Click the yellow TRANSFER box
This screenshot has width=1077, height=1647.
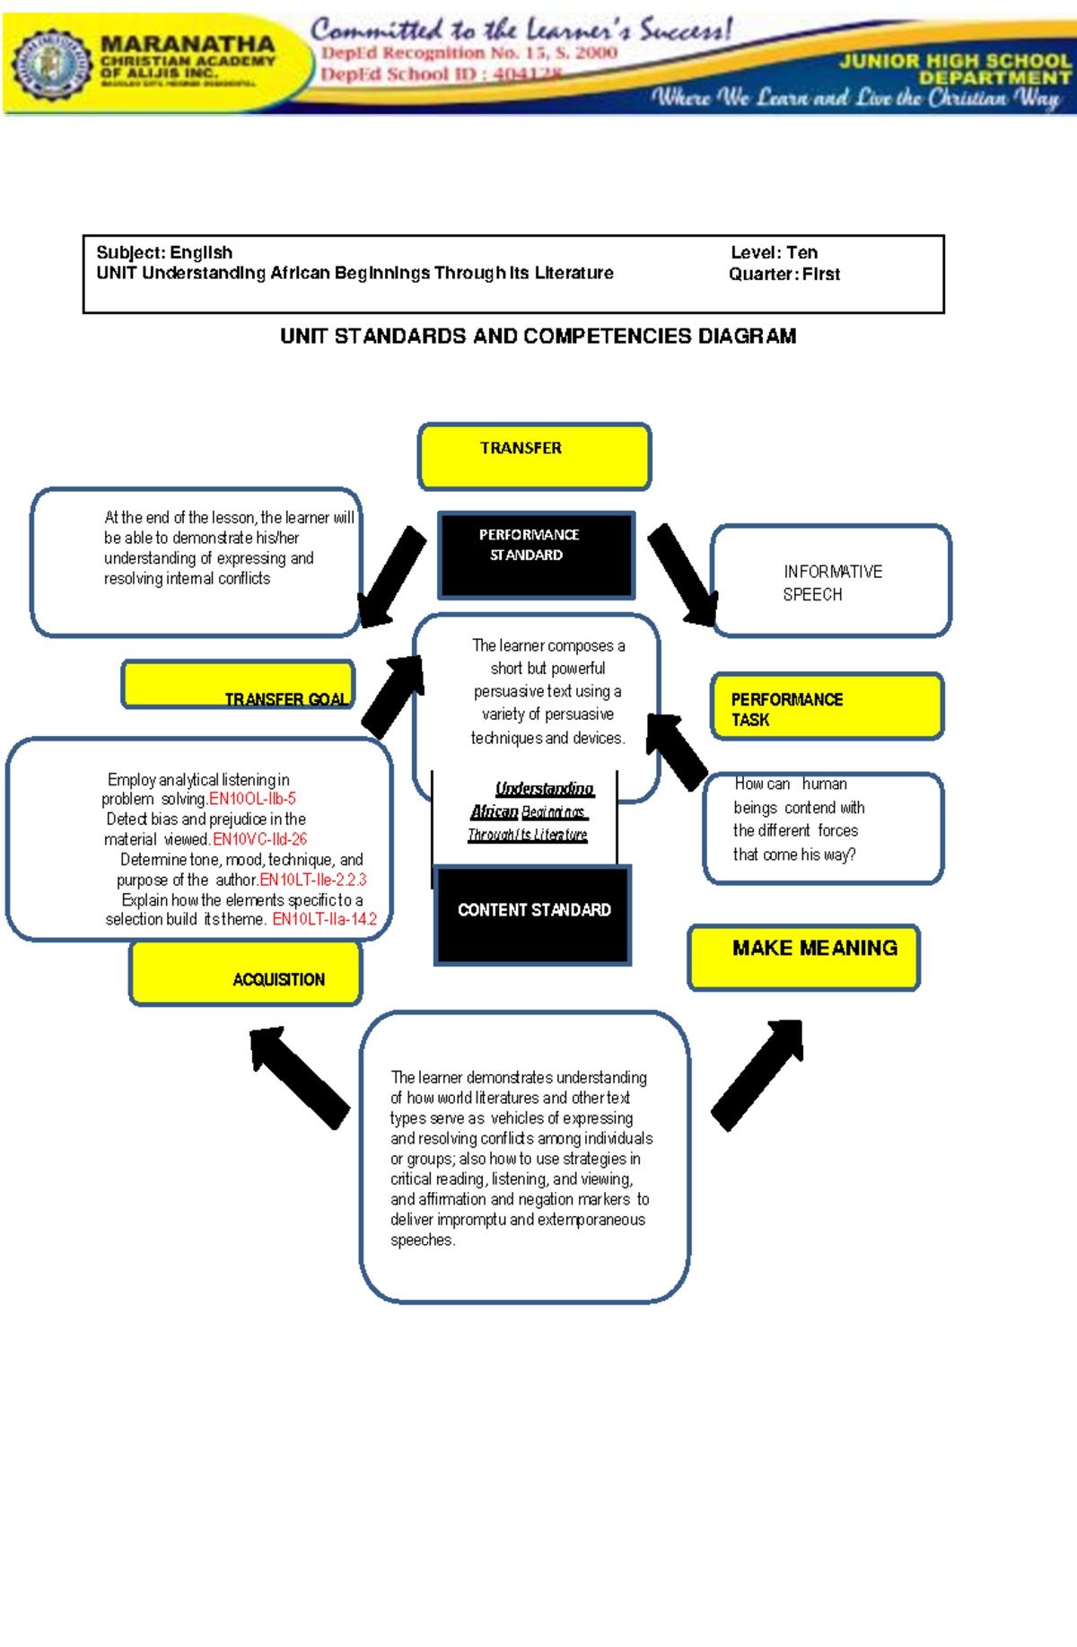[x=534, y=457]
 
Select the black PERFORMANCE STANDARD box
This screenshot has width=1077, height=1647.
[x=536, y=555]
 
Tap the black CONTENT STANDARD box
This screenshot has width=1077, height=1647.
[x=533, y=915]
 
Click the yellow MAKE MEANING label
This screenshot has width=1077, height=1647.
[x=804, y=957]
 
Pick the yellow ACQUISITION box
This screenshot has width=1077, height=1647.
[x=246, y=973]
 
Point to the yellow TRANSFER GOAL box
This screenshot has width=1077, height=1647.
[x=239, y=686]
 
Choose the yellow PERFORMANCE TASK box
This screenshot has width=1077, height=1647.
[x=827, y=707]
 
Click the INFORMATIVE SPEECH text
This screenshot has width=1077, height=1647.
[x=831, y=583]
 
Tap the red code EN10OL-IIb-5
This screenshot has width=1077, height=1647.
[x=252, y=799]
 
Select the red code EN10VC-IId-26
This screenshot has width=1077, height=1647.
[x=259, y=839]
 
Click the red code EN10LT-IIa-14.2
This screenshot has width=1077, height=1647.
[x=324, y=919]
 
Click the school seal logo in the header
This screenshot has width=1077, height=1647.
[x=51, y=64]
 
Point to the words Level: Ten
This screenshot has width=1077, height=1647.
[x=774, y=252]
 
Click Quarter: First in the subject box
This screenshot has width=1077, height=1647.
[x=784, y=274]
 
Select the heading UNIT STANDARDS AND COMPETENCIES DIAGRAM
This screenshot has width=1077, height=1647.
[x=538, y=336]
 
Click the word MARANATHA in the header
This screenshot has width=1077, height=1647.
[x=187, y=44]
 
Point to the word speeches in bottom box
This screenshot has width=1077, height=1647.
[x=422, y=1240]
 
